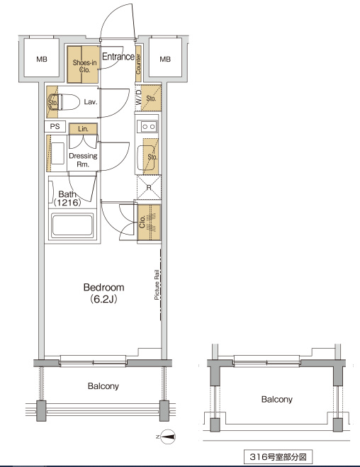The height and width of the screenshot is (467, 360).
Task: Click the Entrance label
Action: coord(118,56)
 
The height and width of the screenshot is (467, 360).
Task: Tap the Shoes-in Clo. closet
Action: coord(83,64)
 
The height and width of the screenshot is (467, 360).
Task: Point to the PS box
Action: coord(55,126)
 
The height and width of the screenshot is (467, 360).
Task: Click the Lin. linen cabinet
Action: coord(83,129)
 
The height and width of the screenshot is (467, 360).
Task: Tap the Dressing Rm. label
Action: coord(83,160)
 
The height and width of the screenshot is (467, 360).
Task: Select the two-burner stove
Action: coord(147,127)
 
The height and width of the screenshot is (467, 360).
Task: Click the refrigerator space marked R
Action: coord(149,188)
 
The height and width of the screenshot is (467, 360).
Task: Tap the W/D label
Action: coord(139,97)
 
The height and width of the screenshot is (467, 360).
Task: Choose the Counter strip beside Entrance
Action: coord(138,64)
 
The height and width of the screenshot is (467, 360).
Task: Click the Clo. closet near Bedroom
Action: coord(149,223)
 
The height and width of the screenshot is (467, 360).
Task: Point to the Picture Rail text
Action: coord(157,284)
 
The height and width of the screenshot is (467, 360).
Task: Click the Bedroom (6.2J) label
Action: coord(103,293)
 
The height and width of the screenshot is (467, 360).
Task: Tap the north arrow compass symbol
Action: coord(168,437)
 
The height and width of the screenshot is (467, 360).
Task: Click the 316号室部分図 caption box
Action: coord(278,456)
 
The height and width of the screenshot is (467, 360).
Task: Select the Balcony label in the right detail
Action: coord(277,399)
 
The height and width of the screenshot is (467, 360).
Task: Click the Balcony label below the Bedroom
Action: coord(103,386)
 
